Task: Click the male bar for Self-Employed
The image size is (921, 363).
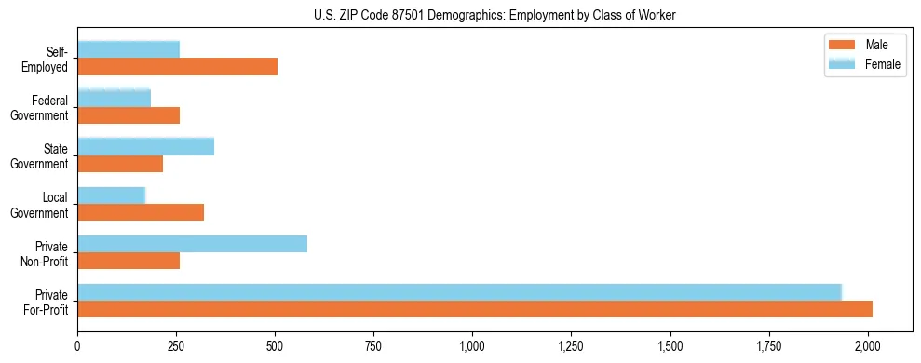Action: coord(177,67)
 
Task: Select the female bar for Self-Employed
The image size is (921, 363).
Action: coord(129,49)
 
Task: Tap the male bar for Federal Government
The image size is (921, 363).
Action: coord(129,115)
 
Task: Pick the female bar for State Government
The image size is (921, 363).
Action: coord(145,146)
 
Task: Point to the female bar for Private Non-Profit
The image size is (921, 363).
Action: coord(192,244)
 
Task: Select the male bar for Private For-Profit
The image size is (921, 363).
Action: coord(475,309)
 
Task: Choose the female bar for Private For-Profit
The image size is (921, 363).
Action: coord(459,292)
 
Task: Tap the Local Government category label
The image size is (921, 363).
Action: coord(40,205)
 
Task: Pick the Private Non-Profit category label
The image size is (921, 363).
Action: coord(43,253)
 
